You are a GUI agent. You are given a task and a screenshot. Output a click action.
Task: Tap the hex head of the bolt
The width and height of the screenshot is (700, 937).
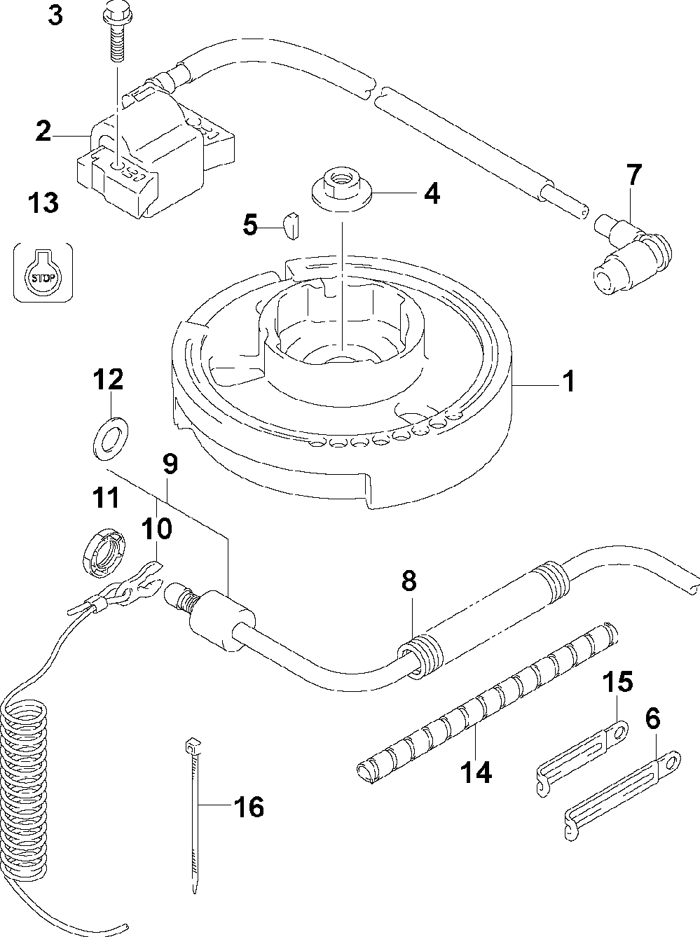coord(116,14)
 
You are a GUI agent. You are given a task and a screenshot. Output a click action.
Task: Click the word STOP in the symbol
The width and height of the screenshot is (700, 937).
coord(43,278)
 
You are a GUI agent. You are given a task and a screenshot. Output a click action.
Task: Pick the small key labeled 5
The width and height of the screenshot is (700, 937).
coord(291,225)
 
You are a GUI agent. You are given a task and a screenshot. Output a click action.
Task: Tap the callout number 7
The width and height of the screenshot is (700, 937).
coord(634,174)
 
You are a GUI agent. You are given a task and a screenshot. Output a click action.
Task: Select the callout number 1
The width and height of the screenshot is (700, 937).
coord(569,381)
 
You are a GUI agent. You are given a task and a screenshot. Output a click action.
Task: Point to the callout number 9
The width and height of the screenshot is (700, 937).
coord(170,464)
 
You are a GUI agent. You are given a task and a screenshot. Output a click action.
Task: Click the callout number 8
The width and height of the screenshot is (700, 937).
coord(409,581)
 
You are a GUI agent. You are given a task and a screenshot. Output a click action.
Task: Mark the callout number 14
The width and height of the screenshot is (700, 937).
coord(476,772)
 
